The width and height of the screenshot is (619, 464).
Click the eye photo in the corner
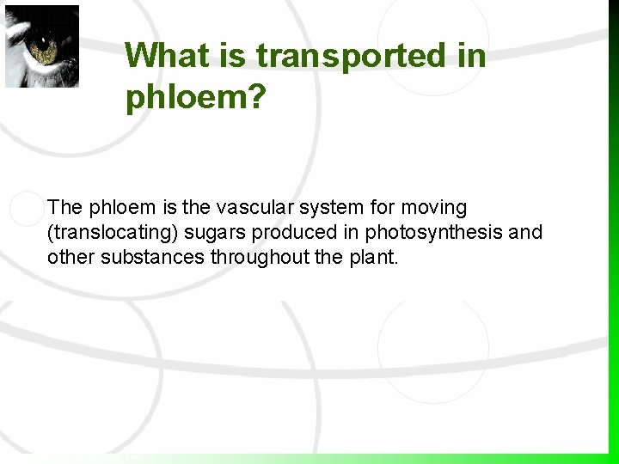point(42,46)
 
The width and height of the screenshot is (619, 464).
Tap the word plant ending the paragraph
point(376,257)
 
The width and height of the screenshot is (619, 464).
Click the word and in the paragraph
point(527,232)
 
